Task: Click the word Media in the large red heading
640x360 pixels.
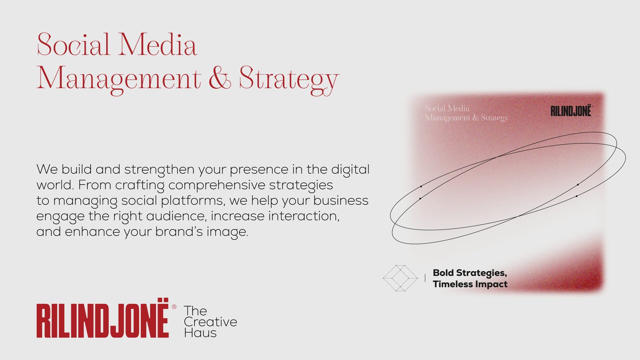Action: click(158, 44)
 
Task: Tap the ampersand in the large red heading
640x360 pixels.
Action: click(220, 78)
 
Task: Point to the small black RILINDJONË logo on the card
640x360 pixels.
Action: click(571, 111)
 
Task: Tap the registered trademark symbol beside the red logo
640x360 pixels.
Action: click(174, 306)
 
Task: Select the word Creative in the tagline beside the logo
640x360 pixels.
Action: click(210, 322)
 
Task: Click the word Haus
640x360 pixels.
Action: click(200, 333)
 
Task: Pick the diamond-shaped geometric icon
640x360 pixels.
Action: click(400, 278)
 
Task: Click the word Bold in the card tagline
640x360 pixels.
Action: click(443, 272)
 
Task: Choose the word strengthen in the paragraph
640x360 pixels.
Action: click(160, 170)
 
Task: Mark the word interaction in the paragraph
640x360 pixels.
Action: click(304, 216)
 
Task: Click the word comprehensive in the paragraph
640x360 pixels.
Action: click(217, 185)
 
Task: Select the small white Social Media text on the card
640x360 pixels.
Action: click(447, 108)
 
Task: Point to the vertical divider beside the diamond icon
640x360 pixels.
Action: click(425, 278)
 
